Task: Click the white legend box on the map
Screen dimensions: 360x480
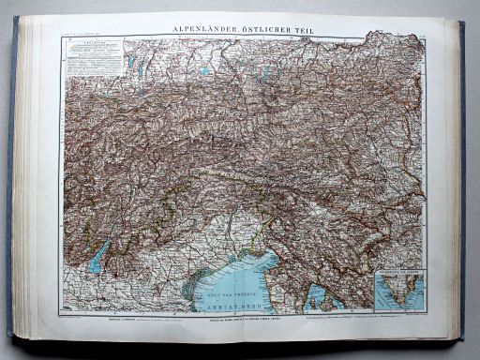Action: tap(94, 56)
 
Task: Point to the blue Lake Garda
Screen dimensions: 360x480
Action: tap(98, 256)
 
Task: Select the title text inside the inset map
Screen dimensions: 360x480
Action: tap(398, 273)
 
